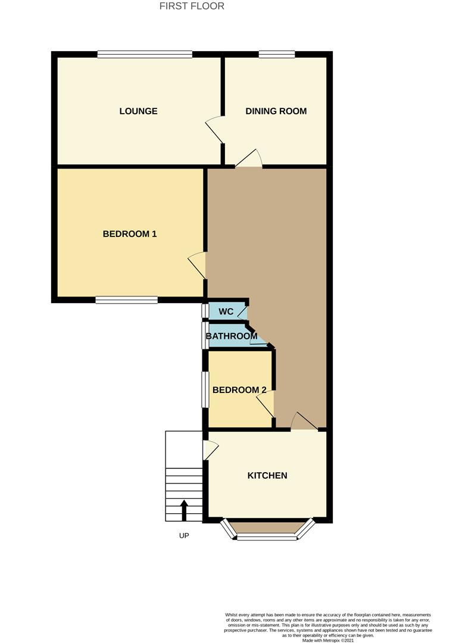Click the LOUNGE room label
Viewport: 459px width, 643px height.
pos(138,111)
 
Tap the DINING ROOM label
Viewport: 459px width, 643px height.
pos(276,111)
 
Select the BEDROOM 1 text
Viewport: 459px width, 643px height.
pos(130,234)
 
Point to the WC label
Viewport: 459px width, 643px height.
pos(226,312)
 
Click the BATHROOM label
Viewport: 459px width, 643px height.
pos(232,336)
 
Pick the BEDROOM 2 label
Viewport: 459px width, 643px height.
pos(239,390)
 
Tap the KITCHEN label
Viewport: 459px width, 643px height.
pos(267,476)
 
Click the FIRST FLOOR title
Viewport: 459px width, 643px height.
pos(192,7)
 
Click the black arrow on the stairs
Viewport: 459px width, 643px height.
pos(184,510)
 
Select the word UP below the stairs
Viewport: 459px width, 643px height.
pos(184,536)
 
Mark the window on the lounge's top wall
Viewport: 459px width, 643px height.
pos(145,54)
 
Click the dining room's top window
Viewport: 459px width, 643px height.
pos(277,54)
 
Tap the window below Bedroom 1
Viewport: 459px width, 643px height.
pos(126,300)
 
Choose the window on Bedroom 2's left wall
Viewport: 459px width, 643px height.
pos(204,389)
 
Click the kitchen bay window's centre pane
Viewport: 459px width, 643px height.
pos(267,537)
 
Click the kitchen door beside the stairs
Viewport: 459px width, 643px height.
pos(210,449)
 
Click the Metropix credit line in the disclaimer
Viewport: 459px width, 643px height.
pos(328,640)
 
